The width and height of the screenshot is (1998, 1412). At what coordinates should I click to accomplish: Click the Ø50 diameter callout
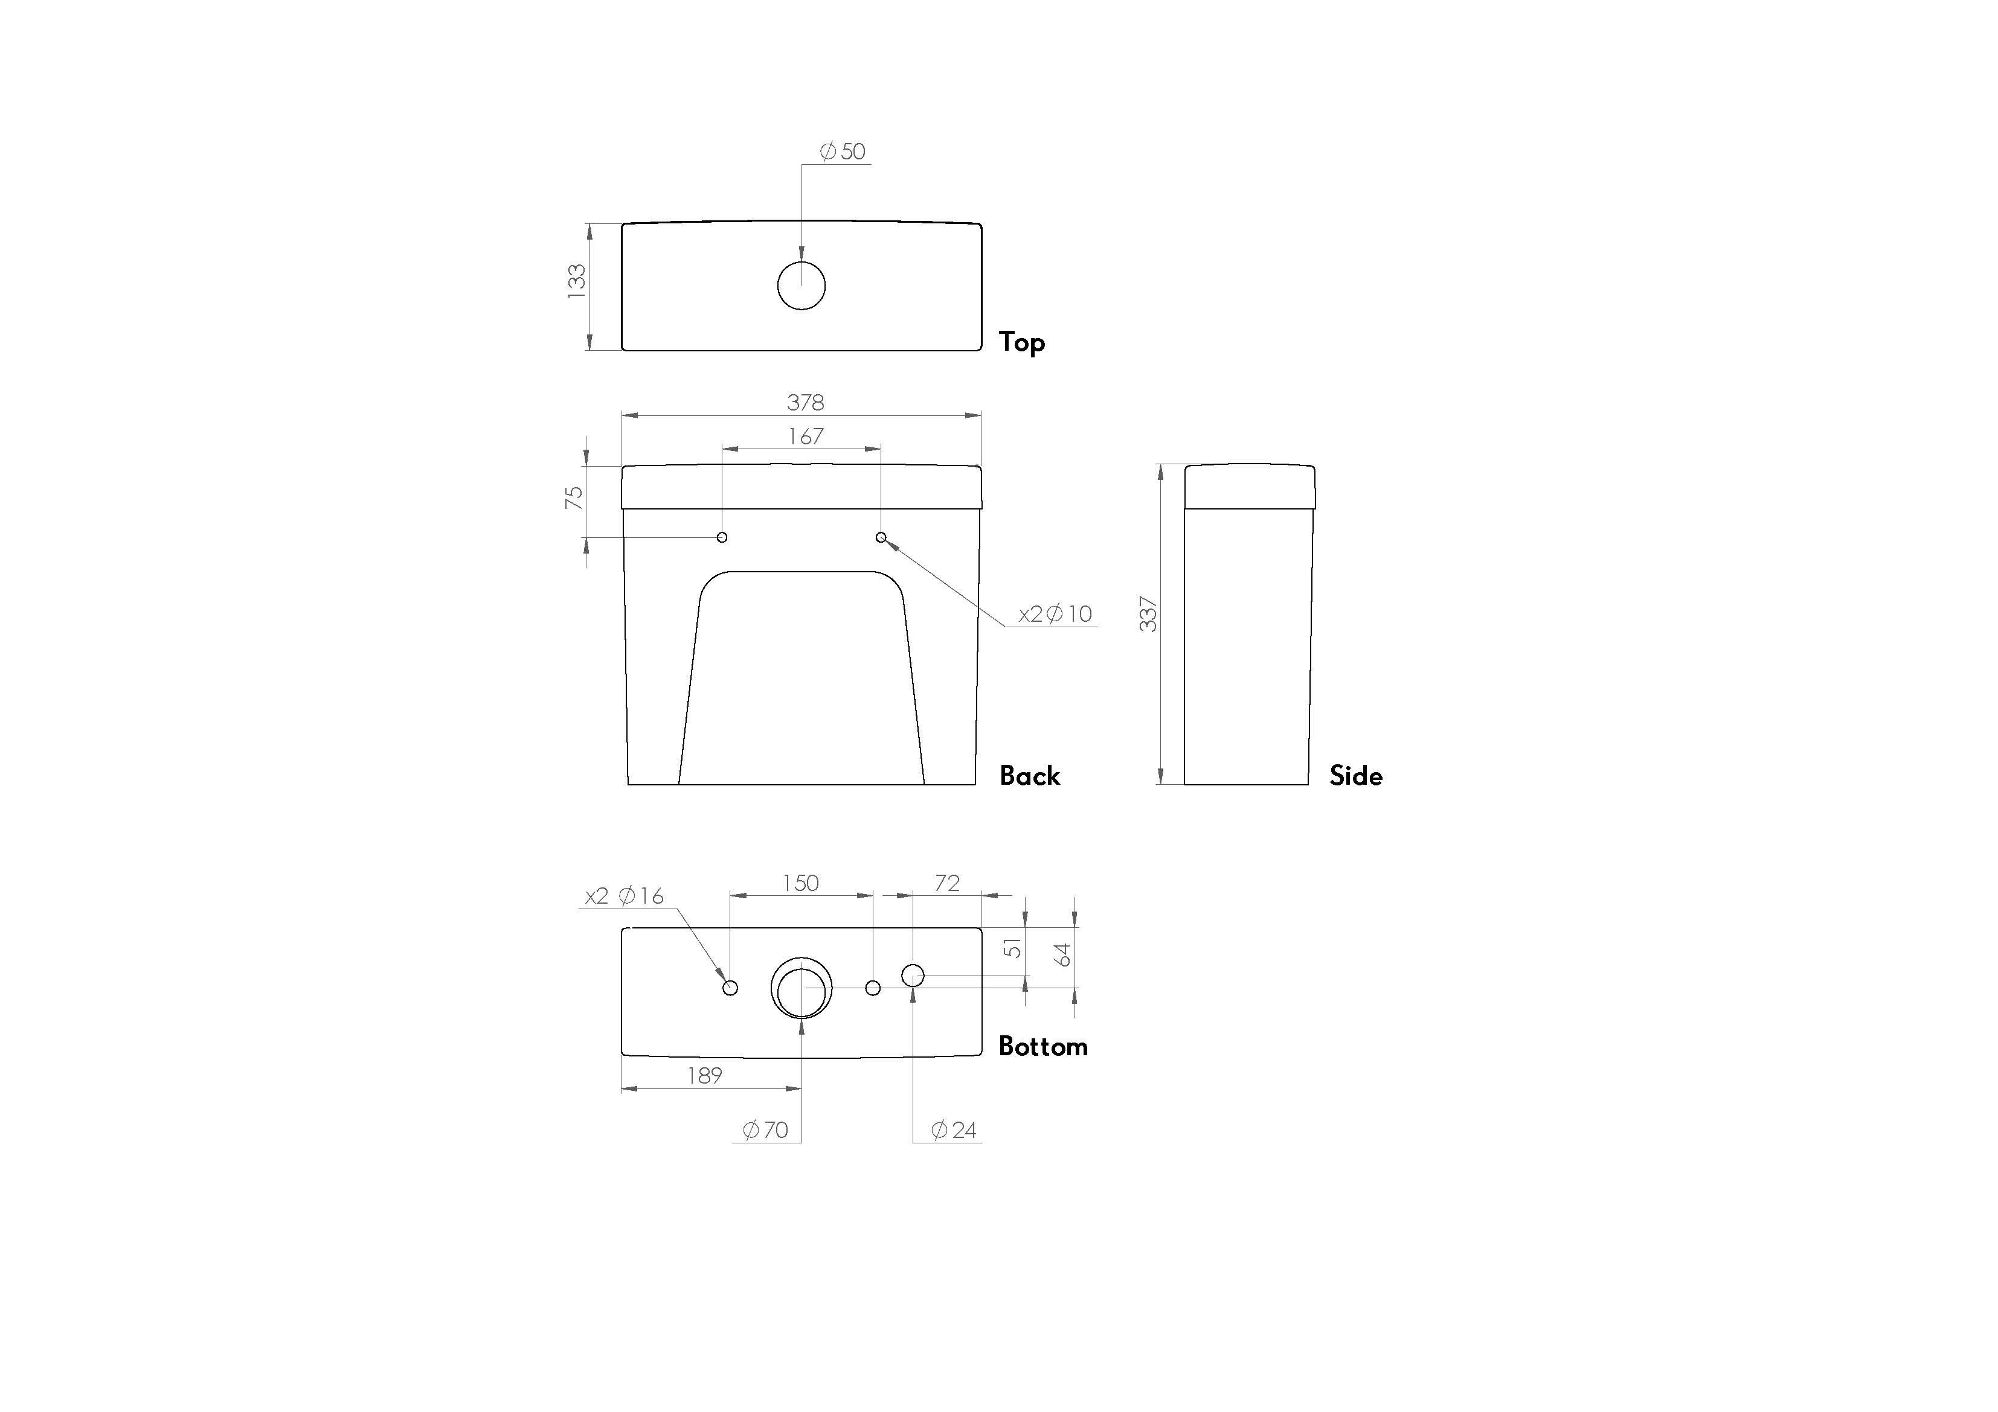843,152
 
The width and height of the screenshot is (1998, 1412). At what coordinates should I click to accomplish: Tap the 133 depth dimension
577,282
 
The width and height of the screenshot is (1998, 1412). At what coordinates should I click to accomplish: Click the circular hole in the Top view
801,286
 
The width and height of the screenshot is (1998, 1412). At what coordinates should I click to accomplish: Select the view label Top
1021,342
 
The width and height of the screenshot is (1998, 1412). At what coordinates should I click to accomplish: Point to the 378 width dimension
805,403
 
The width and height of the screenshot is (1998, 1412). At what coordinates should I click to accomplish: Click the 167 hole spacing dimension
805,436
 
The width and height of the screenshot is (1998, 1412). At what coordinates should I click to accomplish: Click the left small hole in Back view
721,537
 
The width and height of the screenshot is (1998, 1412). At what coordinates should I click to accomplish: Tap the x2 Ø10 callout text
1055,614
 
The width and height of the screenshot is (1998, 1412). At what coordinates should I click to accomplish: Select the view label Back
1029,775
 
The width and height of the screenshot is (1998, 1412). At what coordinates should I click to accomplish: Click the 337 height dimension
1149,614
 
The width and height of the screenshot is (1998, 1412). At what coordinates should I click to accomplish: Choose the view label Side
1355,775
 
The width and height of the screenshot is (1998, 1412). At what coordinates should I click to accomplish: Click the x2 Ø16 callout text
624,896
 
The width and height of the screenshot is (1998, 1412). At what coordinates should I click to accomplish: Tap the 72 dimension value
947,883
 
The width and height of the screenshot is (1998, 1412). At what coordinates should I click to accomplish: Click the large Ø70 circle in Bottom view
801,988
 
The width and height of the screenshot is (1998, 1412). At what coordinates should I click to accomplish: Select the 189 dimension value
704,1076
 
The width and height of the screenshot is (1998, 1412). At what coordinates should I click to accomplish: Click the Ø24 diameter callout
954,1130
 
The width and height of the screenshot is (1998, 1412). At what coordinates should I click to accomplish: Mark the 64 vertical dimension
1062,954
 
